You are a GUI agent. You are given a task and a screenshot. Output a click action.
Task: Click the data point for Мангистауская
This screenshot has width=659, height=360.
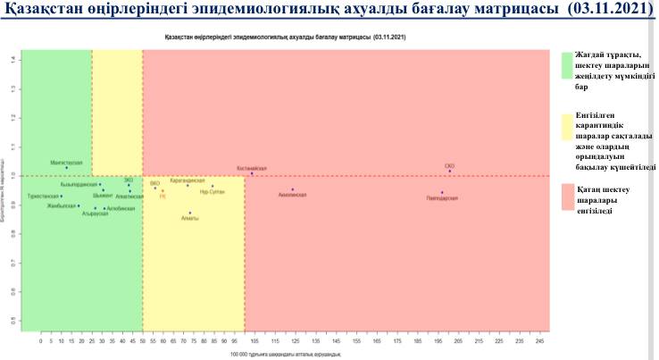click(x=66, y=168)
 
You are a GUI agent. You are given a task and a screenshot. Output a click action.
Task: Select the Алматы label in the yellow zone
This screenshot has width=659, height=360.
click(x=189, y=219)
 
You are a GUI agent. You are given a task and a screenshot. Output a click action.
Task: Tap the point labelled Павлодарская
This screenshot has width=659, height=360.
click(x=442, y=192)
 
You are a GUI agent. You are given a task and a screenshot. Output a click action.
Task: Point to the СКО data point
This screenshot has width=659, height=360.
click(x=450, y=172)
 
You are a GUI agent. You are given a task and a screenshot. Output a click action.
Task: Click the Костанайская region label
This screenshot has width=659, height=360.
click(x=252, y=167)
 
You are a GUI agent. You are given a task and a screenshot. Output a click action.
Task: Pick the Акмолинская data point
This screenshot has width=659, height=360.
click(x=293, y=189)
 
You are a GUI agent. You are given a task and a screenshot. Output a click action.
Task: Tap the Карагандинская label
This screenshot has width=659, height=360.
click(x=187, y=180)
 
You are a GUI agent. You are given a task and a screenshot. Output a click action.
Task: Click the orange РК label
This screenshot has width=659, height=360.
click(x=163, y=197)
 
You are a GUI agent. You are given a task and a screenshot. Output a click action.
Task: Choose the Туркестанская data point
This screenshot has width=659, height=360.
click(x=62, y=197)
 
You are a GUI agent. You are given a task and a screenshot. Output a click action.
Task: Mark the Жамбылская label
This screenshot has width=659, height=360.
click(x=63, y=206)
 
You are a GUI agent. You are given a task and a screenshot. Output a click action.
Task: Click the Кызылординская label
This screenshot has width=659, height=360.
click(x=79, y=184)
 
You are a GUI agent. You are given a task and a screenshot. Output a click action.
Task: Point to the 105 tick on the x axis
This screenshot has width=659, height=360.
click(x=254, y=340)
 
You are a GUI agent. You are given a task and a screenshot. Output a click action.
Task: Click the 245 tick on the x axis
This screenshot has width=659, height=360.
click(x=539, y=340)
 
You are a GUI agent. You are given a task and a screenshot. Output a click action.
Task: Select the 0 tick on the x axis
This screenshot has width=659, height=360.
click(x=41, y=340)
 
